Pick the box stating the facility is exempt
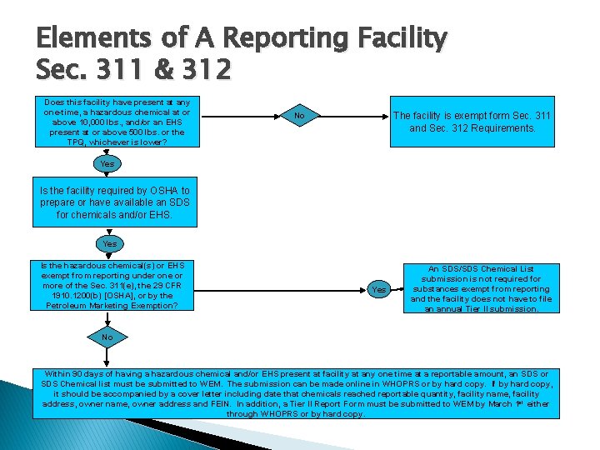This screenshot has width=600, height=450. point(472,122)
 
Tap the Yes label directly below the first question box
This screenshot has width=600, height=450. point(107,164)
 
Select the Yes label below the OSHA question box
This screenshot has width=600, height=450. point(110,244)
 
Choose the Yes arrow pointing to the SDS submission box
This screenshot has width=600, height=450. point(379,289)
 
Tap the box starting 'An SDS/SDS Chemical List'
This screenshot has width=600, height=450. point(481,288)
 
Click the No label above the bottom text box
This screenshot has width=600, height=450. point(107,337)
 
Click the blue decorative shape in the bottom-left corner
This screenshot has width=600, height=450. point(17,417)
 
